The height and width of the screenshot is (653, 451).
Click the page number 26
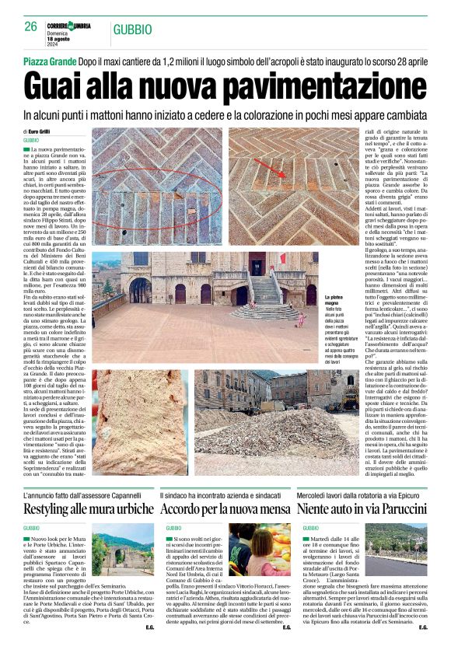coord(31,27)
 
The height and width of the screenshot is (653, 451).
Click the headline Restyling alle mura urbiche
coord(89,509)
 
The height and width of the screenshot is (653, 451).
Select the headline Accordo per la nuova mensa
coord(226,509)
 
